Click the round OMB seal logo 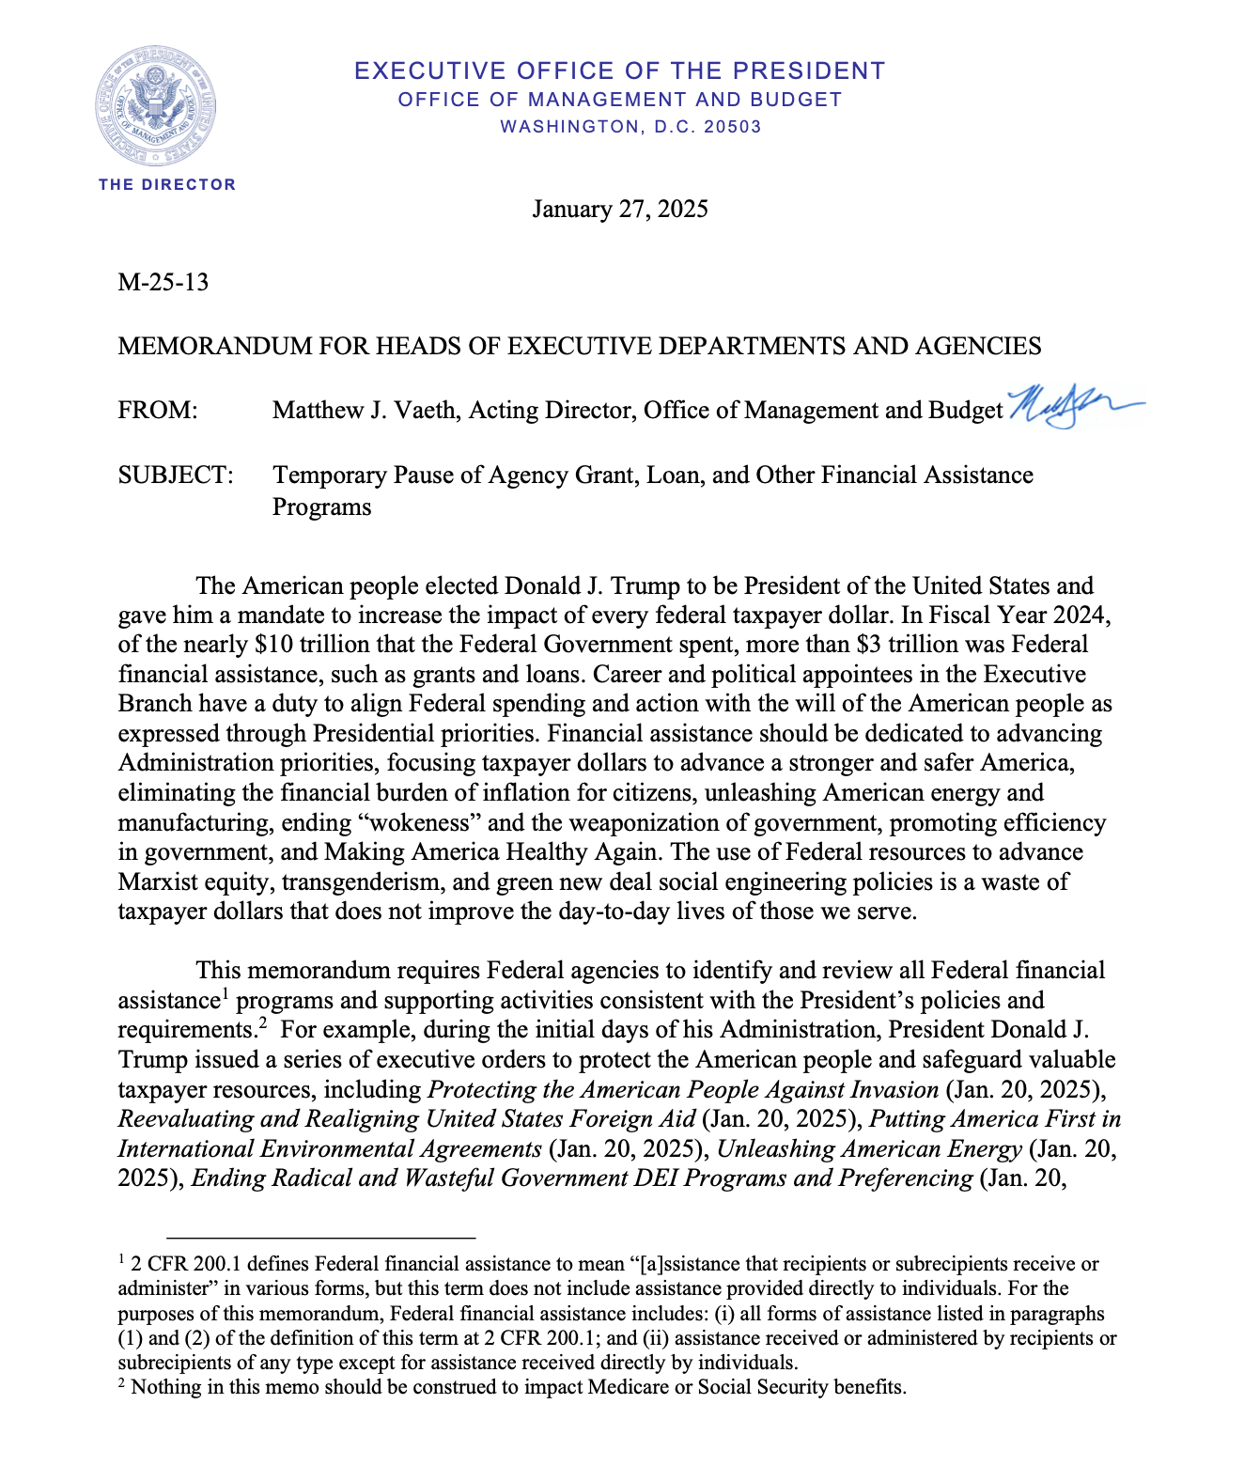pyautogui.click(x=155, y=106)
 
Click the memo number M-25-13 pyautogui.click(x=163, y=282)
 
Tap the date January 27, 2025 pyautogui.click(x=620, y=209)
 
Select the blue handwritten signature pyautogui.click(x=1071, y=406)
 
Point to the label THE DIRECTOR pyautogui.click(x=167, y=184)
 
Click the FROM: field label pyautogui.click(x=158, y=411)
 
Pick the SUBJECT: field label pyautogui.click(x=176, y=475)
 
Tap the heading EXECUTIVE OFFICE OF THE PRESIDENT pyautogui.click(x=620, y=71)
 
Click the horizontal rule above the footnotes pyautogui.click(x=320, y=1238)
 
